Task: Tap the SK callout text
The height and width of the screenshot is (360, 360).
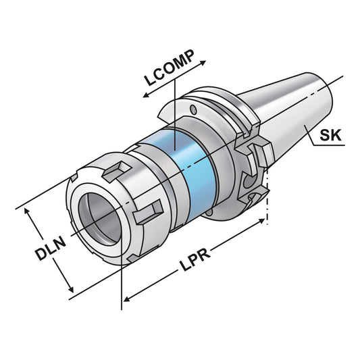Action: [330, 135]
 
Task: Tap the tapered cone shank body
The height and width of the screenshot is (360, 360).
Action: [290, 108]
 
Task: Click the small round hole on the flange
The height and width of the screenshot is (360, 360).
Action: [195, 109]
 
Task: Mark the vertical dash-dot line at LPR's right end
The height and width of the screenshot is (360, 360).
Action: [268, 196]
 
